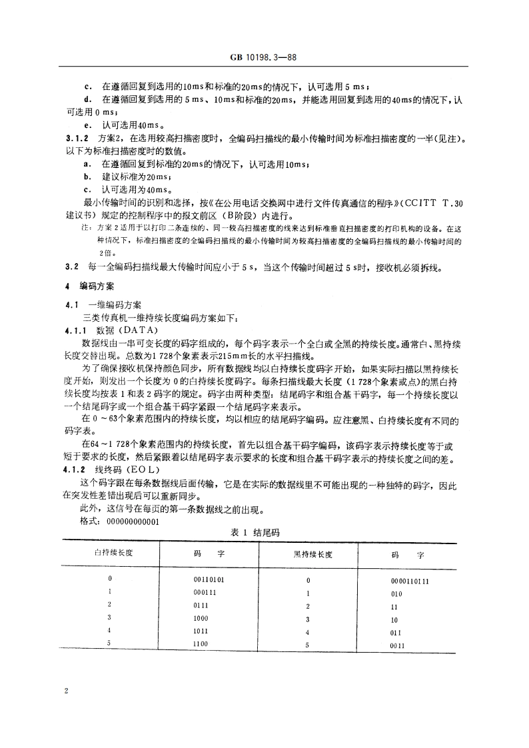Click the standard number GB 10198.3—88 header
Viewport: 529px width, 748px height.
[x=264, y=58]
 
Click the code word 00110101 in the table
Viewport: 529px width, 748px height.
[x=209, y=579]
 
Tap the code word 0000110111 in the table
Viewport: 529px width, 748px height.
[x=409, y=581]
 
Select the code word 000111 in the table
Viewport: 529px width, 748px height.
[x=204, y=592]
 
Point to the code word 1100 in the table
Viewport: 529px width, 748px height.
[x=201, y=644]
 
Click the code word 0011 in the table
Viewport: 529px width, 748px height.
[x=398, y=645]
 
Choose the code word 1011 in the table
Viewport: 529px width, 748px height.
[x=201, y=631]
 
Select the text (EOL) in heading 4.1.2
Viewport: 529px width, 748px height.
[x=135, y=470]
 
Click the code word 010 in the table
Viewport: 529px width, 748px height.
[x=396, y=593]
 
